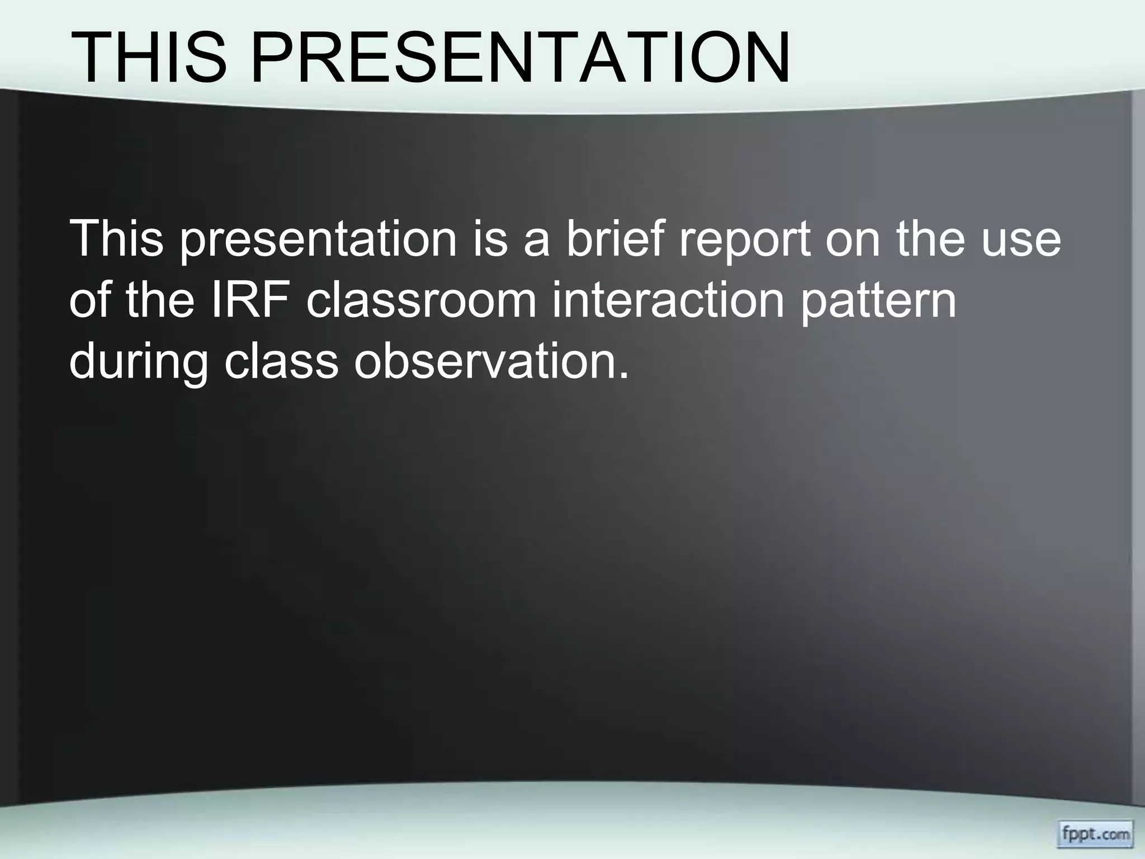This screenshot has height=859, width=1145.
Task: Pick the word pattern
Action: click(878, 303)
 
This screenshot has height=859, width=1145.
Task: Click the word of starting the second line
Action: click(90, 299)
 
